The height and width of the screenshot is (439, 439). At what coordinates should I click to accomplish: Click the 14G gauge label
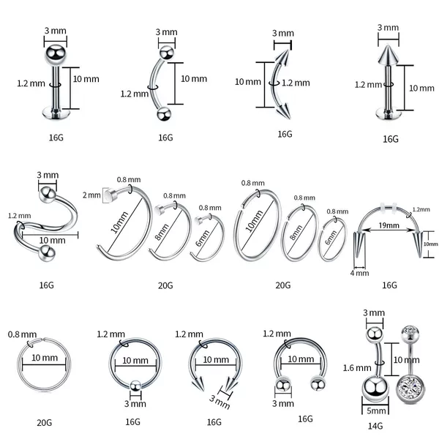click(375, 426)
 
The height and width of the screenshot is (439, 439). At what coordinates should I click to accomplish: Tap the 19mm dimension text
click(389, 225)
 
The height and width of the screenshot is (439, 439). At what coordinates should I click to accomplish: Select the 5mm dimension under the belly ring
click(376, 410)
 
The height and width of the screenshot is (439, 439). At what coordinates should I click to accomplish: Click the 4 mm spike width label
click(359, 273)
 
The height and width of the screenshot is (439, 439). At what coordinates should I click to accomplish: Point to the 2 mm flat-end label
click(91, 195)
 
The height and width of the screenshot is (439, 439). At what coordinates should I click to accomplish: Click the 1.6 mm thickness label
click(357, 367)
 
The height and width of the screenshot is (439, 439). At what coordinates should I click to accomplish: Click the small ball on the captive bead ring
click(135, 386)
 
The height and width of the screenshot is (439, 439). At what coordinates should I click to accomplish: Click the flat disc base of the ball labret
click(56, 113)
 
